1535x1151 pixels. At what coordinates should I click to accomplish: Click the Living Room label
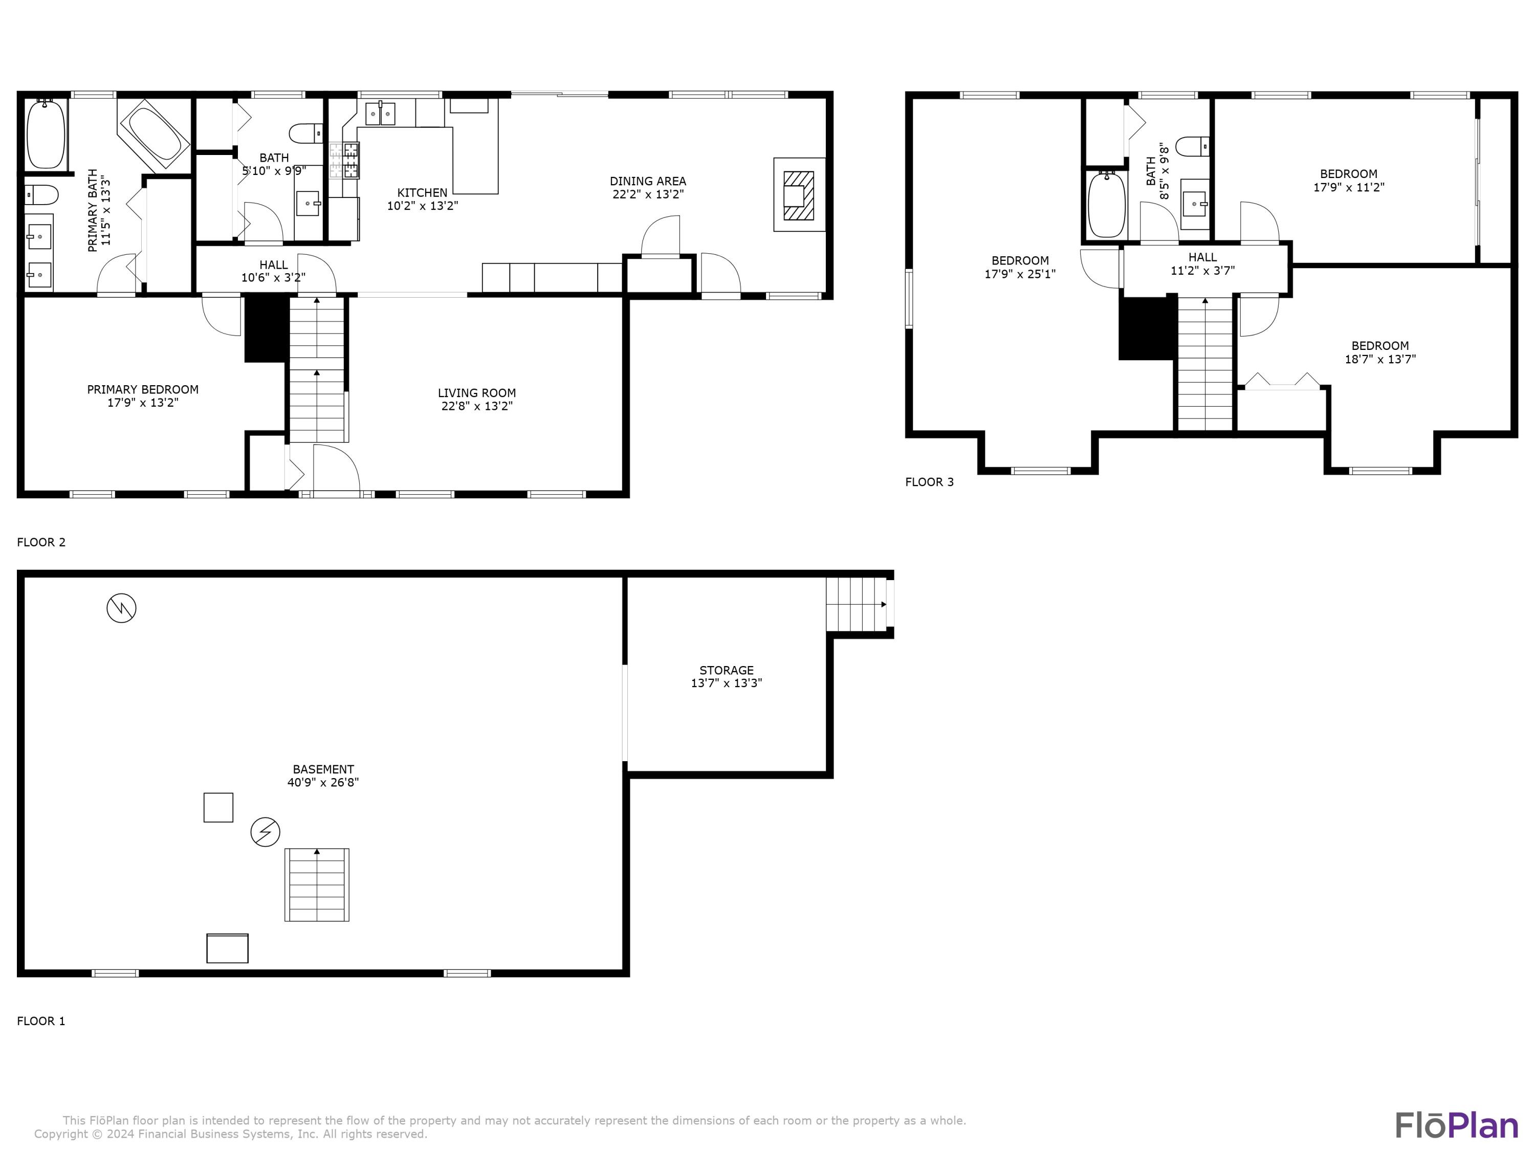point(477,393)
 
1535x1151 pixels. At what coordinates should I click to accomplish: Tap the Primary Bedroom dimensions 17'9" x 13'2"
point(143,403)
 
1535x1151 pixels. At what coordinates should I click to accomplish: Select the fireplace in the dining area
point(799,195)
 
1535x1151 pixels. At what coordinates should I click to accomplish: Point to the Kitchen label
point(422,192)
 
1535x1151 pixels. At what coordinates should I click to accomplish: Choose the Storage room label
point(727,670)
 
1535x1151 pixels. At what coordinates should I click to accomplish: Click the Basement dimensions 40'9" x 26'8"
point(323,782)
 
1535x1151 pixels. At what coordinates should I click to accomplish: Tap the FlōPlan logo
point(1457,1125)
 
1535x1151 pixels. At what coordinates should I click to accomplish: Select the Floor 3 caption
point(929,482)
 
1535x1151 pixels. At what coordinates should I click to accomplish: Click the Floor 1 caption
point(41,1021)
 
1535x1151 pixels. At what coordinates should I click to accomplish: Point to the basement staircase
point(317,884)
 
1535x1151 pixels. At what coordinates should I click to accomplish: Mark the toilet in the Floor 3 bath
point(1194,146)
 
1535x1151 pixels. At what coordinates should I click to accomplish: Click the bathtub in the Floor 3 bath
point(1106,205)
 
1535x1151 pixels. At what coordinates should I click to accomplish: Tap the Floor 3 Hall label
point(1202,257)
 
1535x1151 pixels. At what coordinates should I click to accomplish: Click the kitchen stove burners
point(345,160)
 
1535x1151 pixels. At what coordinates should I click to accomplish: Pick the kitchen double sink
point(380,113)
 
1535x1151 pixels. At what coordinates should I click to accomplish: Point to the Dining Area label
point(648,181)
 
